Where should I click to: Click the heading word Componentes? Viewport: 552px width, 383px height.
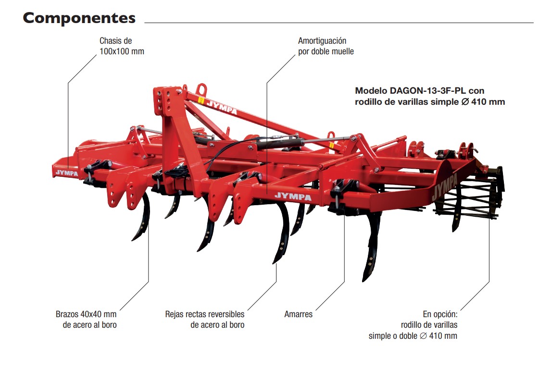[x=79, y=18]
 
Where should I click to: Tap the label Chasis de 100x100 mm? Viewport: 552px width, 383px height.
[x=121, y=46]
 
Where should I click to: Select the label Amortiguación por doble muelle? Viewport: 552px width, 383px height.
[x=326, y=46]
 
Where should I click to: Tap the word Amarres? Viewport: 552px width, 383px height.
[x=298, y=314]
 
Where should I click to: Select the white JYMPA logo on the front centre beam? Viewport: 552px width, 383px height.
[x=292, y=196]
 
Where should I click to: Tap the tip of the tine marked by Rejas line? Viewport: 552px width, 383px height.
[x=276, y=260]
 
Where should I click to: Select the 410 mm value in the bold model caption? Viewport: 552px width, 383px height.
[x=488, y=102]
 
